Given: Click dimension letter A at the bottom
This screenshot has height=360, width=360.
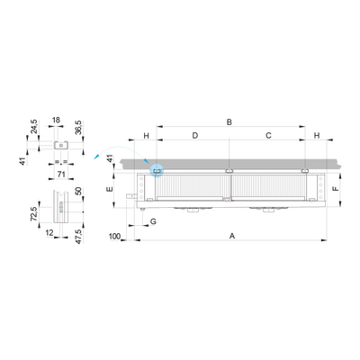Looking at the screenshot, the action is click(232, 236).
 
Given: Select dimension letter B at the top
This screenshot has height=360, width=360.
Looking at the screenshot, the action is click(229, 122).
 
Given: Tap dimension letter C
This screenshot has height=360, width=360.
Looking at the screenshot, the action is click(268, 136).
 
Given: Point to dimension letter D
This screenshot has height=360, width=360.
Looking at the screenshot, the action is click(195, 136).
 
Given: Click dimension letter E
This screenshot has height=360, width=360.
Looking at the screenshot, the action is click(110, 189).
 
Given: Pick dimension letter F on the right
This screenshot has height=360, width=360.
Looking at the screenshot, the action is click(336, 188).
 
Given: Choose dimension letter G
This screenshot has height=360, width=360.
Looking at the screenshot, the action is click(153, 221).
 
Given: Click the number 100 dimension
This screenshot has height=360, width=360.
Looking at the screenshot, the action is click(114, 237).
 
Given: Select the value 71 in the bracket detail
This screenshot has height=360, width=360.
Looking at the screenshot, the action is click(61, 175).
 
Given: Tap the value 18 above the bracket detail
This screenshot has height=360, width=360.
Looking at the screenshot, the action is click(56, 120).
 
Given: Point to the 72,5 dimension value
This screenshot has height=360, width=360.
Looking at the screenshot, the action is click(35, 214).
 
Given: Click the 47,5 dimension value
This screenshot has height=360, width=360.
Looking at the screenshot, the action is click(78, 237).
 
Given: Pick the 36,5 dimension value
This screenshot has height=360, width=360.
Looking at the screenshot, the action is click(78, 128).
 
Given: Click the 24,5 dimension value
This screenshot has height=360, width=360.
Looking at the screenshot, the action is click(33, 126).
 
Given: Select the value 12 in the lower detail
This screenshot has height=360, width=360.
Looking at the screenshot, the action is click(49, 232).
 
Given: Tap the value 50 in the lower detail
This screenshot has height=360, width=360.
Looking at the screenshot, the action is click(78, 191).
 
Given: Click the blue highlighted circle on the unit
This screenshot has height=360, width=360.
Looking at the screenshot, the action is click(157, 171).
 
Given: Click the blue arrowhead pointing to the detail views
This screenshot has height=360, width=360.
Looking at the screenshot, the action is click(96, 156).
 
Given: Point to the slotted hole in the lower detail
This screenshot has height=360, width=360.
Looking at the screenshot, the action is click(61, 207).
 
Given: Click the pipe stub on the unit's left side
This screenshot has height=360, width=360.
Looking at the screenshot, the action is click(130, 196).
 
